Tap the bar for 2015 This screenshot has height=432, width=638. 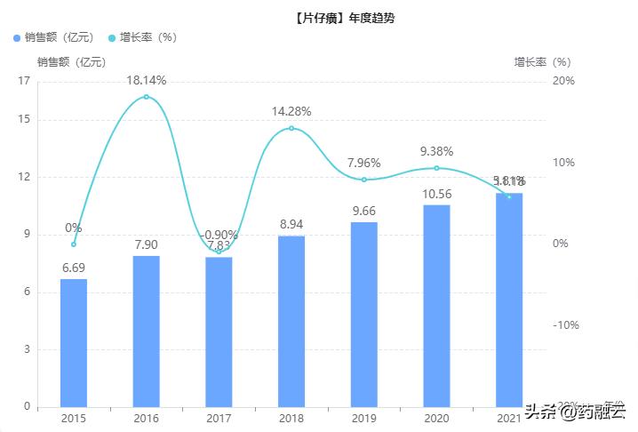[x=74, y=342]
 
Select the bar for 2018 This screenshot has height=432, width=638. [x=291, y=320]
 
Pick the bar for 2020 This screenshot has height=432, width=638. [x=436, y=305]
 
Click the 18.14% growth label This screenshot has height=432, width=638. [x=147, y=80]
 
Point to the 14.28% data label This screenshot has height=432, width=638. [x=291, y=112]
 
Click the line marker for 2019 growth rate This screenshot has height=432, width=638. [x=363, y=180]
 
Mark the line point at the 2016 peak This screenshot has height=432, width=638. [x=147, y=97]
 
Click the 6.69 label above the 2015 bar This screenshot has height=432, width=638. [x=74, y=268]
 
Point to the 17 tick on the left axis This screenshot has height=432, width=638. [x=24, y=81]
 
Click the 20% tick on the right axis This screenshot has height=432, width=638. [x=563, y=81]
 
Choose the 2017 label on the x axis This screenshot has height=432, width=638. [x=219, y=418]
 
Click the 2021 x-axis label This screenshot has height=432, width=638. [x=509, y=418]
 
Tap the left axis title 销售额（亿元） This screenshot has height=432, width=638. [x=71, y=62]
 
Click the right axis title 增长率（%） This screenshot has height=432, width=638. [x=542, y=62]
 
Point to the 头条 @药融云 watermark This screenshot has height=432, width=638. [x=573, y=411]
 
